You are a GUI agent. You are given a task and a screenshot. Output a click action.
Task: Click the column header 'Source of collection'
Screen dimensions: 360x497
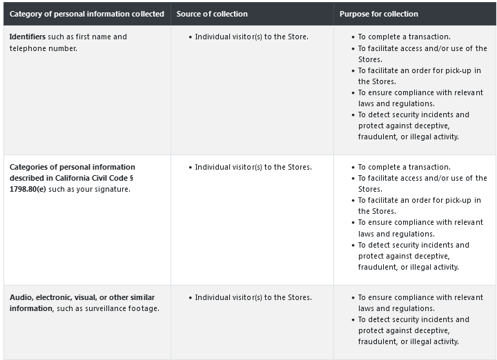(212, 14)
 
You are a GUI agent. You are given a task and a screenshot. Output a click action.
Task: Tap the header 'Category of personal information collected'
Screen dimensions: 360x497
(87, 14)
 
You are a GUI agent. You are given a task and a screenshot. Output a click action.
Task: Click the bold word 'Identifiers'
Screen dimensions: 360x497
(28, 37)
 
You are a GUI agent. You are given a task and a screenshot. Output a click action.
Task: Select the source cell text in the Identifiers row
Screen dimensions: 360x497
(251, 37)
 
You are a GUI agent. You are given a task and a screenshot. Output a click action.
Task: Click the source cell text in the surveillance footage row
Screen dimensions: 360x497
(253, 297)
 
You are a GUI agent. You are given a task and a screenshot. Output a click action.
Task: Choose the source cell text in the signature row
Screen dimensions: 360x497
(253, 167)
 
